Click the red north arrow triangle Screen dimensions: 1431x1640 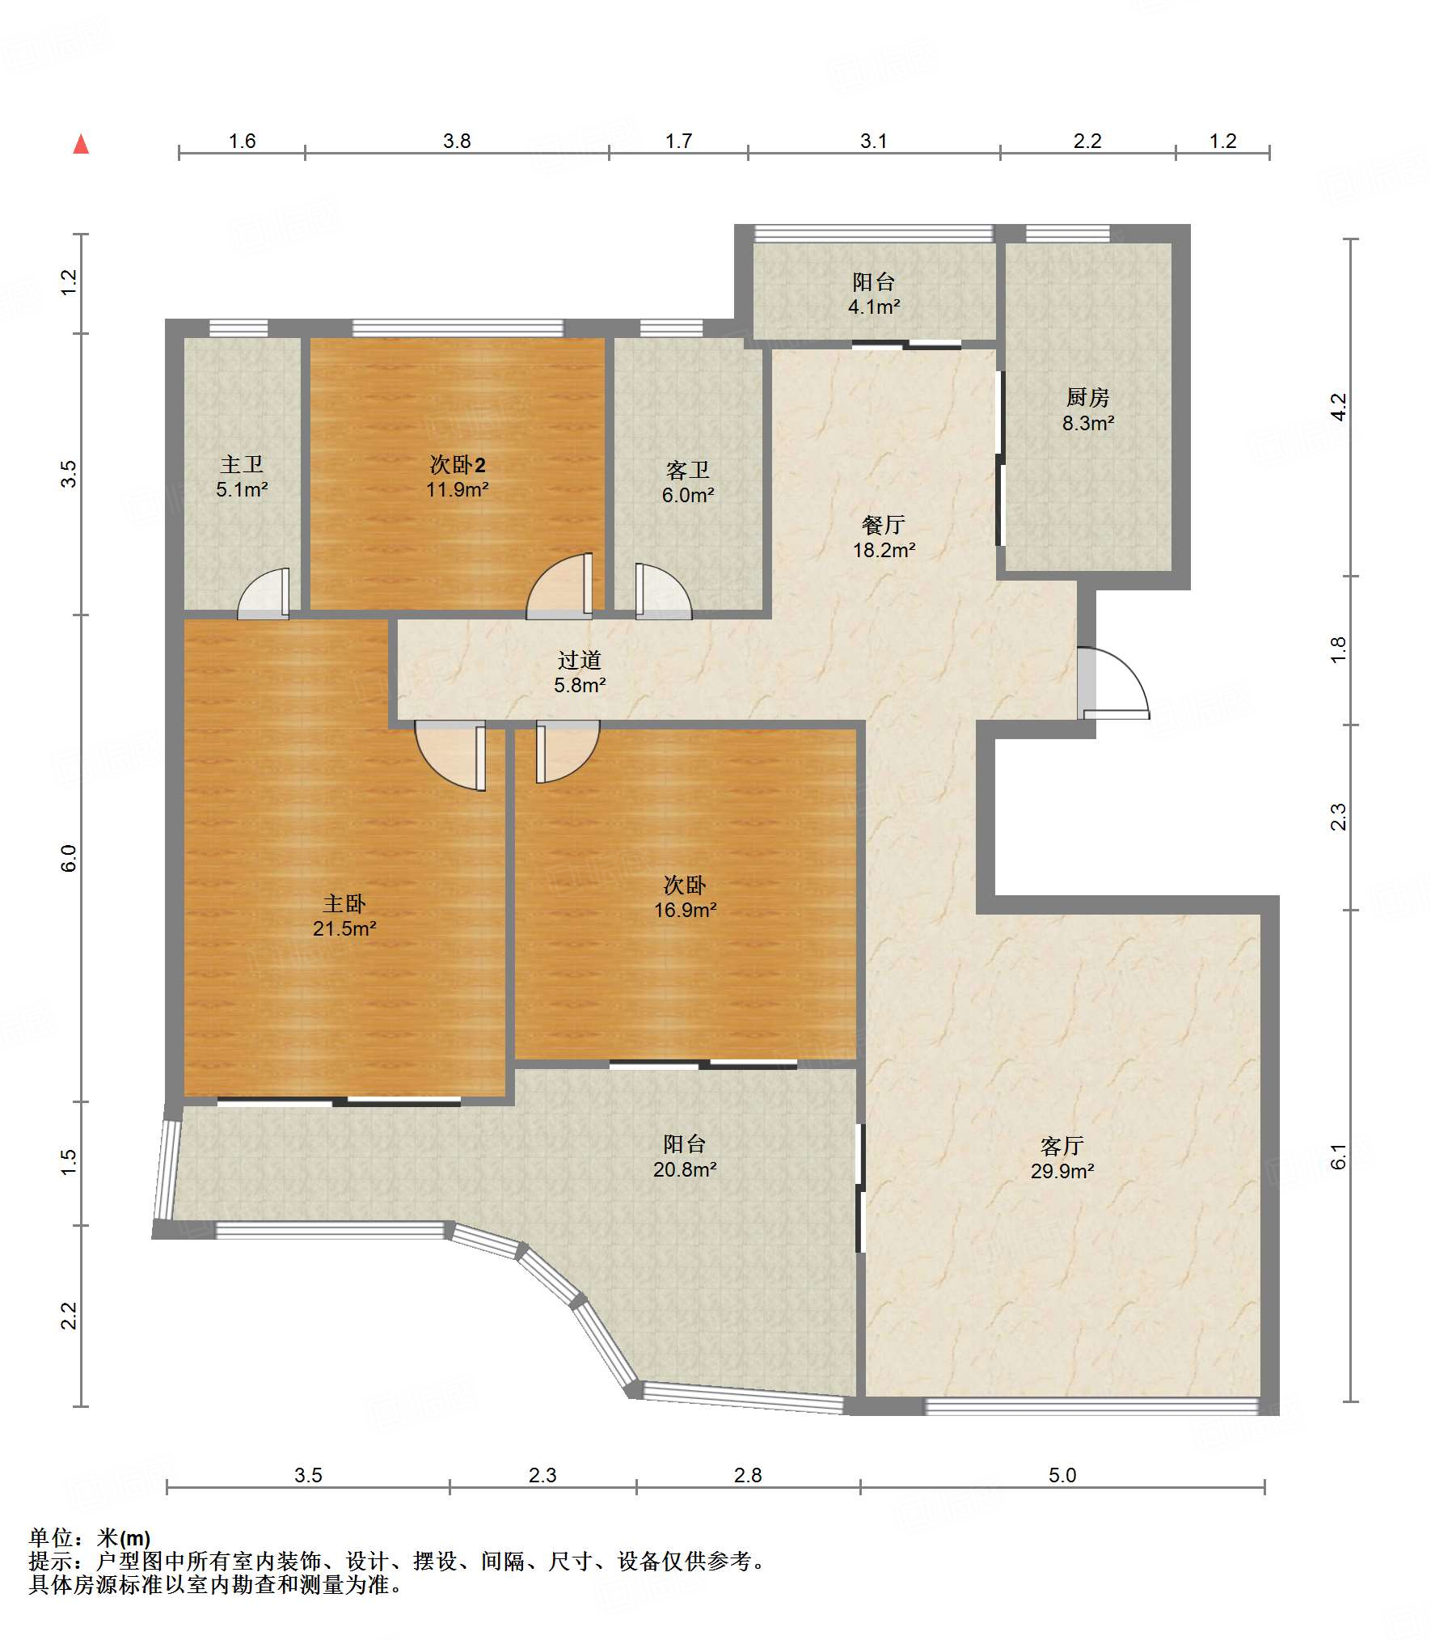coord(81,144)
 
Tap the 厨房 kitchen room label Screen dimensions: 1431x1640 coord(1087,397)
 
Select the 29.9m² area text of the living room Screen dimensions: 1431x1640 coord(1062,1170)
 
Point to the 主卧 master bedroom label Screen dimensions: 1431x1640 coord(344,903)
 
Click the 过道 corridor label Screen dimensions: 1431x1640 coord(580,660)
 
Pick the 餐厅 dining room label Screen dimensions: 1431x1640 coord(884,525)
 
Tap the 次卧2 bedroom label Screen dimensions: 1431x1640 coord(458,464)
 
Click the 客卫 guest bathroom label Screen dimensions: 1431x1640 coord(688,470)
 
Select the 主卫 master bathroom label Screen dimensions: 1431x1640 coord(242,464)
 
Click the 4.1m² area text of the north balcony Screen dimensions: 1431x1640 coord(874,306)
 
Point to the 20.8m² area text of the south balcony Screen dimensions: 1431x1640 coord(685,1169)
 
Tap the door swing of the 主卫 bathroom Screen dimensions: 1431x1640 coord(264,594)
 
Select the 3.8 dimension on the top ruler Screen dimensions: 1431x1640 coord(457,141)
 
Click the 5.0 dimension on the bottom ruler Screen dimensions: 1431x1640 coord(1062,1475)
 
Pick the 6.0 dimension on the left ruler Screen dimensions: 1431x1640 coord(69,858)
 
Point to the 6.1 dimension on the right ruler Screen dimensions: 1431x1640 coord(1339,1156)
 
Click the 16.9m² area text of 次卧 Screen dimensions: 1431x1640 coord(685,910)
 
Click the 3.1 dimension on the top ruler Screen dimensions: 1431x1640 coord(873,141)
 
